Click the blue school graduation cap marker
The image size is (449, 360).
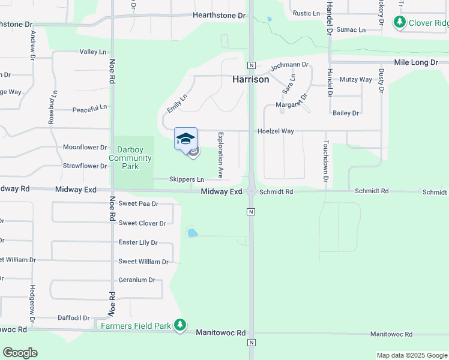click(x=185, y=138)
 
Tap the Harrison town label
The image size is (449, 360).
click(x=251, y=79)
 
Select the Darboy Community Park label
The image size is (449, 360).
click(x=130, y=157)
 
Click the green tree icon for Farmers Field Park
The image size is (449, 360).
click(x=179, y=325)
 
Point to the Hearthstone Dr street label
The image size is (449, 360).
click(x=219, y=16)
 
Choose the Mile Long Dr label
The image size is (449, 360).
click(x=416, y=62)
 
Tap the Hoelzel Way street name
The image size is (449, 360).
click(x=276, y=131)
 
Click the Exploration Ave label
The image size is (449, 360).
click(x=221, y=155)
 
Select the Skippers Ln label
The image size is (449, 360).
click(x=187, y=179)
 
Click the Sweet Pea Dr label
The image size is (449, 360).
click(x=138, y=204)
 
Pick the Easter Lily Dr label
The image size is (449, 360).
click(x=138, y=242)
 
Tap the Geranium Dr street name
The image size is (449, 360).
click(x=137, y=280)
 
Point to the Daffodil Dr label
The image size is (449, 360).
click(x=73, y=318)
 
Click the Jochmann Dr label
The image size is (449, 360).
click(x=289, y=65)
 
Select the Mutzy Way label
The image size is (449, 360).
click(x=356, y=79)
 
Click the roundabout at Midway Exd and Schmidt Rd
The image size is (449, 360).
click(x=252, y=191)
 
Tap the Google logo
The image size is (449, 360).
click(x=20, y=353)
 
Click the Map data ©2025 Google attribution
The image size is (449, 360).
click(x=411, y=355)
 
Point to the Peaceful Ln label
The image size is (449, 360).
click(x=89, y=109)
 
